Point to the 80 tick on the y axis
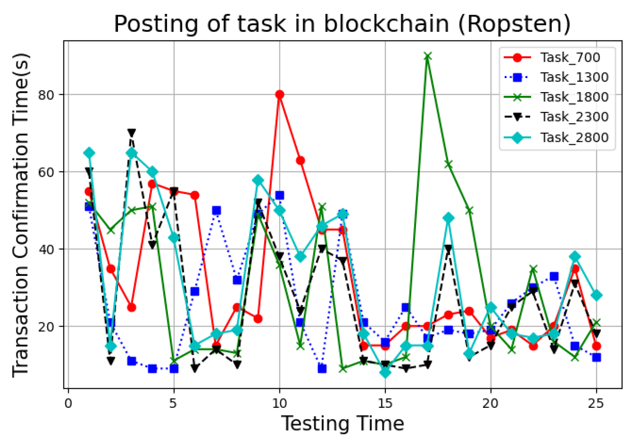point(46,94)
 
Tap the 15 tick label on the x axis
point(385,403)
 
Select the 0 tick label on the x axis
point(68,403)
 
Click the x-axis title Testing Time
point(343,424)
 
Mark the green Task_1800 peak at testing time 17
point(428,56)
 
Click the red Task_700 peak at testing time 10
point(280,94)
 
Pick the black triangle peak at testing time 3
point(132,133)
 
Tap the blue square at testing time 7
point(216,210)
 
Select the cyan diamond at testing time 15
point(385,372)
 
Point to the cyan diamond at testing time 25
point(596,295)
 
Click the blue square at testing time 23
point(554,276)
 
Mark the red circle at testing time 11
point(301,160)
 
